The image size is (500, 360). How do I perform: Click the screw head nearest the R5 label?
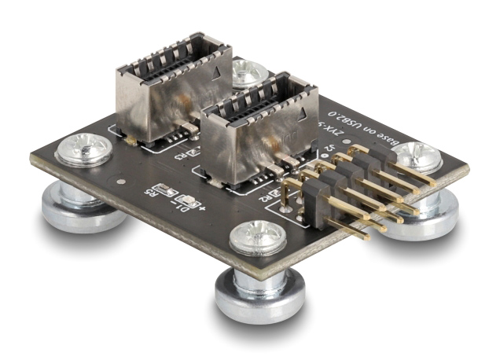pyautogui.click(x=84, y=149)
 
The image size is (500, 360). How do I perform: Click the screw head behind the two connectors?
pyautogui.click(x=248, y=73)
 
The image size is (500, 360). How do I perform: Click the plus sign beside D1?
pyautogui.click(x=203, y=209)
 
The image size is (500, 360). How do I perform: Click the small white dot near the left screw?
pyautogui.click(x=119, y=181)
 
